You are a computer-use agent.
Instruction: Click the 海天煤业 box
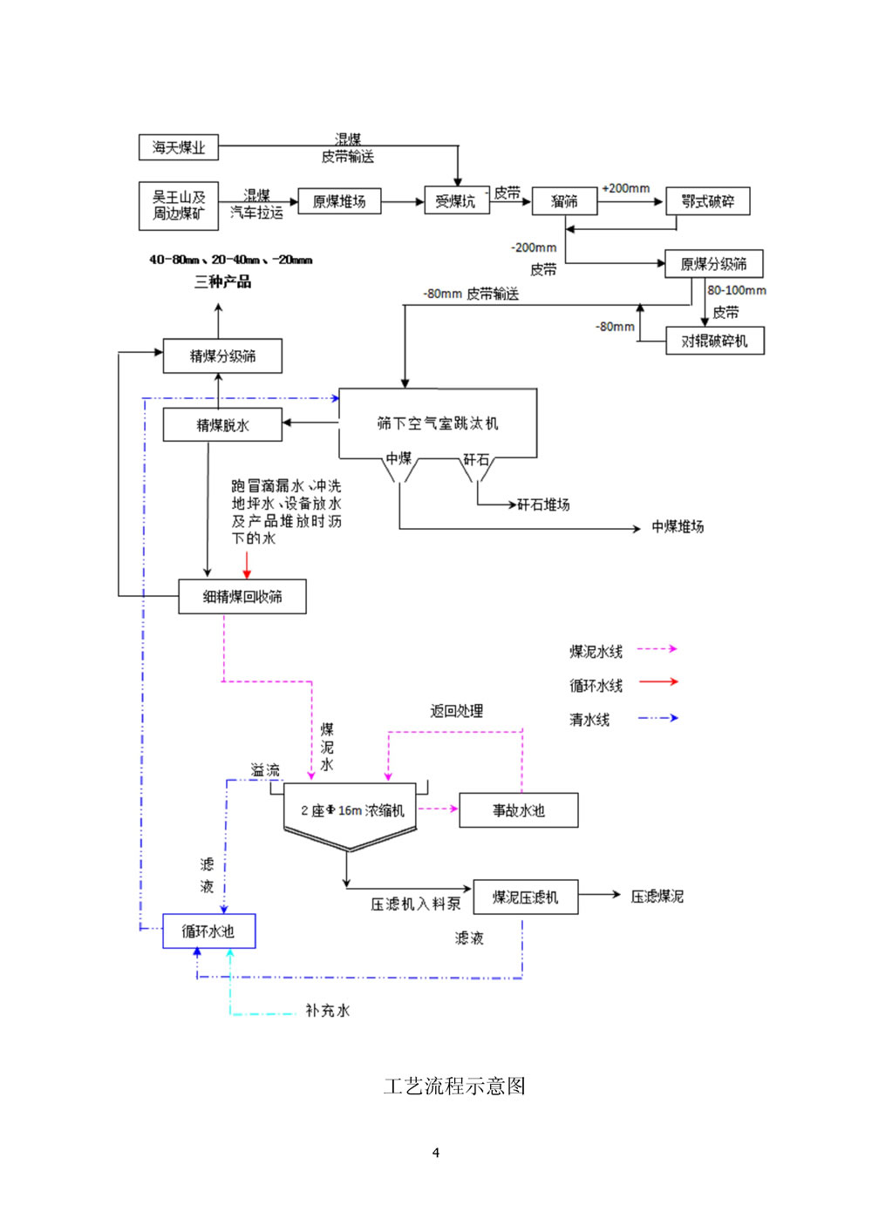[x=179, y=147]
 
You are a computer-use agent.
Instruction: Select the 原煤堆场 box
[x=339, y=201]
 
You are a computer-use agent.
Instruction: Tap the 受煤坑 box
[x=456, y=201]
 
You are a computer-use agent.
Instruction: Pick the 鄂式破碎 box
[x=707, y=201]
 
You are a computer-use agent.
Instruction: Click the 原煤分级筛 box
[x=713, y=264]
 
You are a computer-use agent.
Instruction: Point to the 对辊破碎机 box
[x=714, y=341]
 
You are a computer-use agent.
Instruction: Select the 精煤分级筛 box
[x=222, y=355]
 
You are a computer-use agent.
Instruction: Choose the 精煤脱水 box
[x=222, y=425]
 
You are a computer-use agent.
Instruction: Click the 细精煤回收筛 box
[x=242, y=597]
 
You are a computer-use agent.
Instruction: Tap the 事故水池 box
[x=518, y=810]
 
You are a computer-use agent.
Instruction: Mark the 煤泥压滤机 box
[x=525, y=897]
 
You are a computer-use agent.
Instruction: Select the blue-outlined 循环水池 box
[x=208, y=931]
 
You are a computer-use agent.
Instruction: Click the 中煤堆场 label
[x=678, y=527]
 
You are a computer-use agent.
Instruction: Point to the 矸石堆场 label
[x=543, y=504]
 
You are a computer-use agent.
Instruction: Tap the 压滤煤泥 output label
[x=657, y=897]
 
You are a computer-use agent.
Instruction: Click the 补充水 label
[x=327, y=1011]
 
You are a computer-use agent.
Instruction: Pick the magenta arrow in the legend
[x=657, y=649]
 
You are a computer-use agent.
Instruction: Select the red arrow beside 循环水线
[x=658, y=682]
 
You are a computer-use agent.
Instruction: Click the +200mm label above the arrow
[x=625, y=188]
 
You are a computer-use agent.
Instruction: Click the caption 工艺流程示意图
[x=454, y=1086]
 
